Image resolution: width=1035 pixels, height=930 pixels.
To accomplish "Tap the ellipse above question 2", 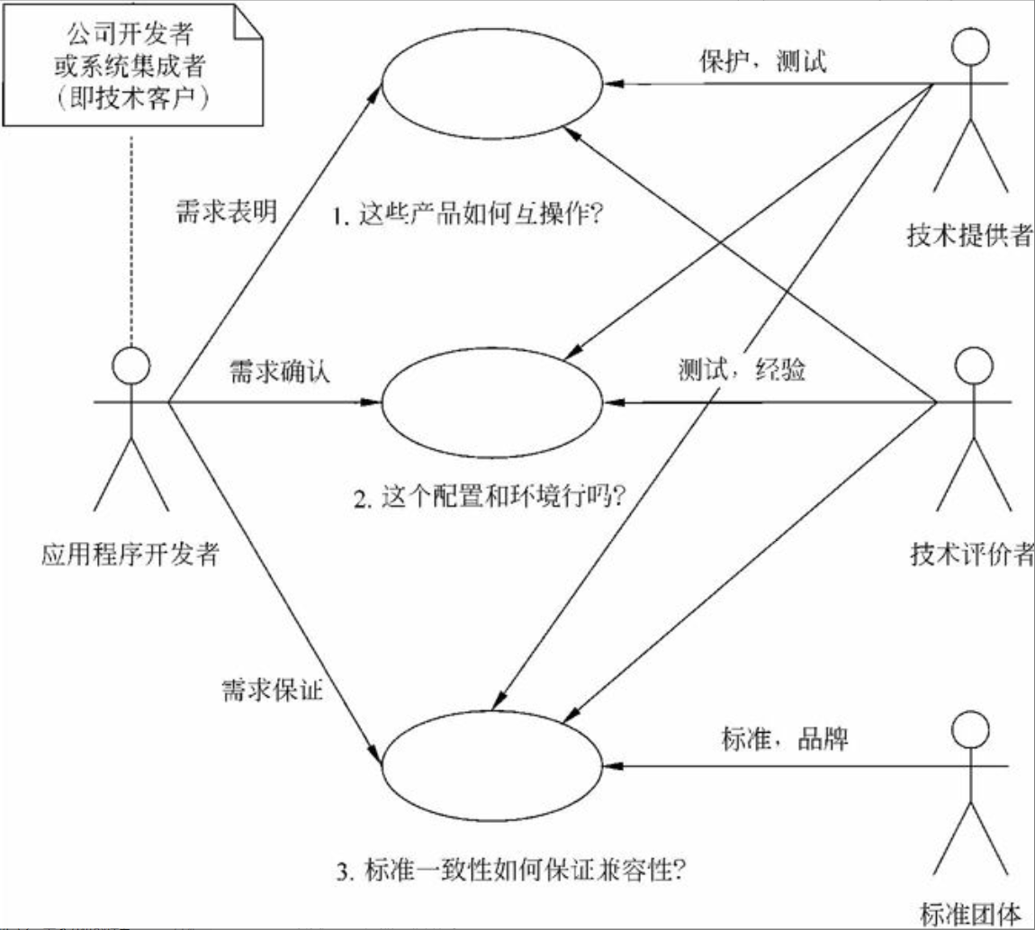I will tap(494, 402).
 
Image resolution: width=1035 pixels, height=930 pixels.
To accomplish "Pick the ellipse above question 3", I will tap(494, 766).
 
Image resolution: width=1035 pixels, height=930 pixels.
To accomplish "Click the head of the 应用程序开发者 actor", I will tap(130, 366).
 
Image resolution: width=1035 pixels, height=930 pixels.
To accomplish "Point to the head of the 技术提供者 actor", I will tap(970, 50).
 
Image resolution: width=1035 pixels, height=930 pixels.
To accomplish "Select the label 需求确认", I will tap(279, 372).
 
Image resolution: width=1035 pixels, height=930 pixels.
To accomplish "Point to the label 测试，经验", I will tap(742, 371).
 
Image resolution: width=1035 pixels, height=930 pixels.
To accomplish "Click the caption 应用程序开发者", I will tap(130, 553).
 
